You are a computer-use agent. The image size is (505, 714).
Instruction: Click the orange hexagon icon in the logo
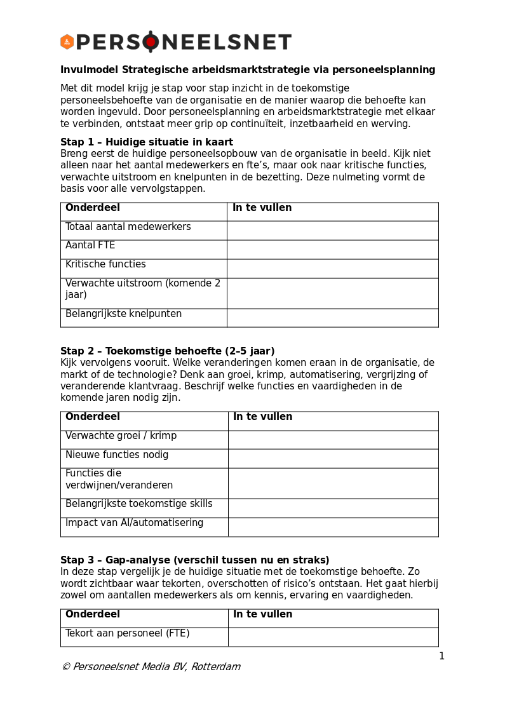[x=67, y=42]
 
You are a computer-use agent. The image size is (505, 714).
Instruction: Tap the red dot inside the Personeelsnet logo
[x=151, y=42]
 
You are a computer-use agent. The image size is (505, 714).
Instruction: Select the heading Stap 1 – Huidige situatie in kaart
[x=147, y=142]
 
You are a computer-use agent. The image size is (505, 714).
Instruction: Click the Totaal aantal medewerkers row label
[x=128, y=227]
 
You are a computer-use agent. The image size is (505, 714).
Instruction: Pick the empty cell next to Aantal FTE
[x=332, y=249]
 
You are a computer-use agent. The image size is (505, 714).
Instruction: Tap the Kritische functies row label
[x=105, y=264]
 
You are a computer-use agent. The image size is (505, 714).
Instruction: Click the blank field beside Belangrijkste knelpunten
[x=332, y=318]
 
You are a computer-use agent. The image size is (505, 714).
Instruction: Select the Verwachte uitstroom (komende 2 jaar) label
[x=143, y=289]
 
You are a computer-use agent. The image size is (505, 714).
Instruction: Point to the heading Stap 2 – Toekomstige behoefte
[x=168, y=351]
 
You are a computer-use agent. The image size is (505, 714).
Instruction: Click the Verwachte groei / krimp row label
[x=121, y=436]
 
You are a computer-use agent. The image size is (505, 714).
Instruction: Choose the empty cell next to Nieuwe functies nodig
[x=333, y=458]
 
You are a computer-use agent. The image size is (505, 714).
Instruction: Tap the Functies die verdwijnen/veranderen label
[x=119, y=480]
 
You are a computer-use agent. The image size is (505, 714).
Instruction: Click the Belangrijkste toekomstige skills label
[x=138, y=504]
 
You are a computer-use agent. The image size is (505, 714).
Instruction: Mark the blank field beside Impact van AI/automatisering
[x=333, y=527]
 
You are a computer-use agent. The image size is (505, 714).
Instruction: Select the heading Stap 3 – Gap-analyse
[x=194, y=560]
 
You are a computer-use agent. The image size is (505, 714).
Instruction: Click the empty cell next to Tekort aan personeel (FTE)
[x=333, y=637]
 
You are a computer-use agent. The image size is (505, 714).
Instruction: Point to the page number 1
[x=441, y=656]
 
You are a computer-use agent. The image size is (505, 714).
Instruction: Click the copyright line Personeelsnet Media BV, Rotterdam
[x=151, y=667]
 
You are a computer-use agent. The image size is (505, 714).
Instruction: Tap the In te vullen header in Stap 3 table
[x=262, y=614]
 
